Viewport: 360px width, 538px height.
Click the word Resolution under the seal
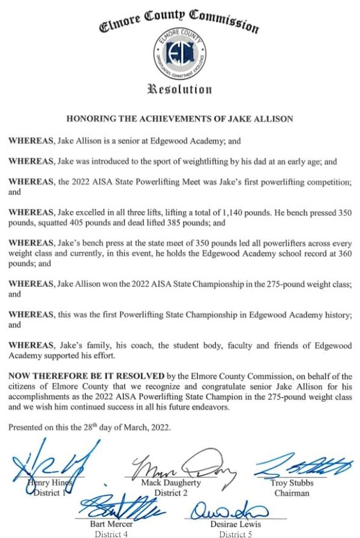(x=179, y=90)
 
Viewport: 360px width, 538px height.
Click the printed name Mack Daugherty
(x=172, y=483)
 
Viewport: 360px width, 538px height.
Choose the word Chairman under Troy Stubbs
(x=292, y=493)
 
